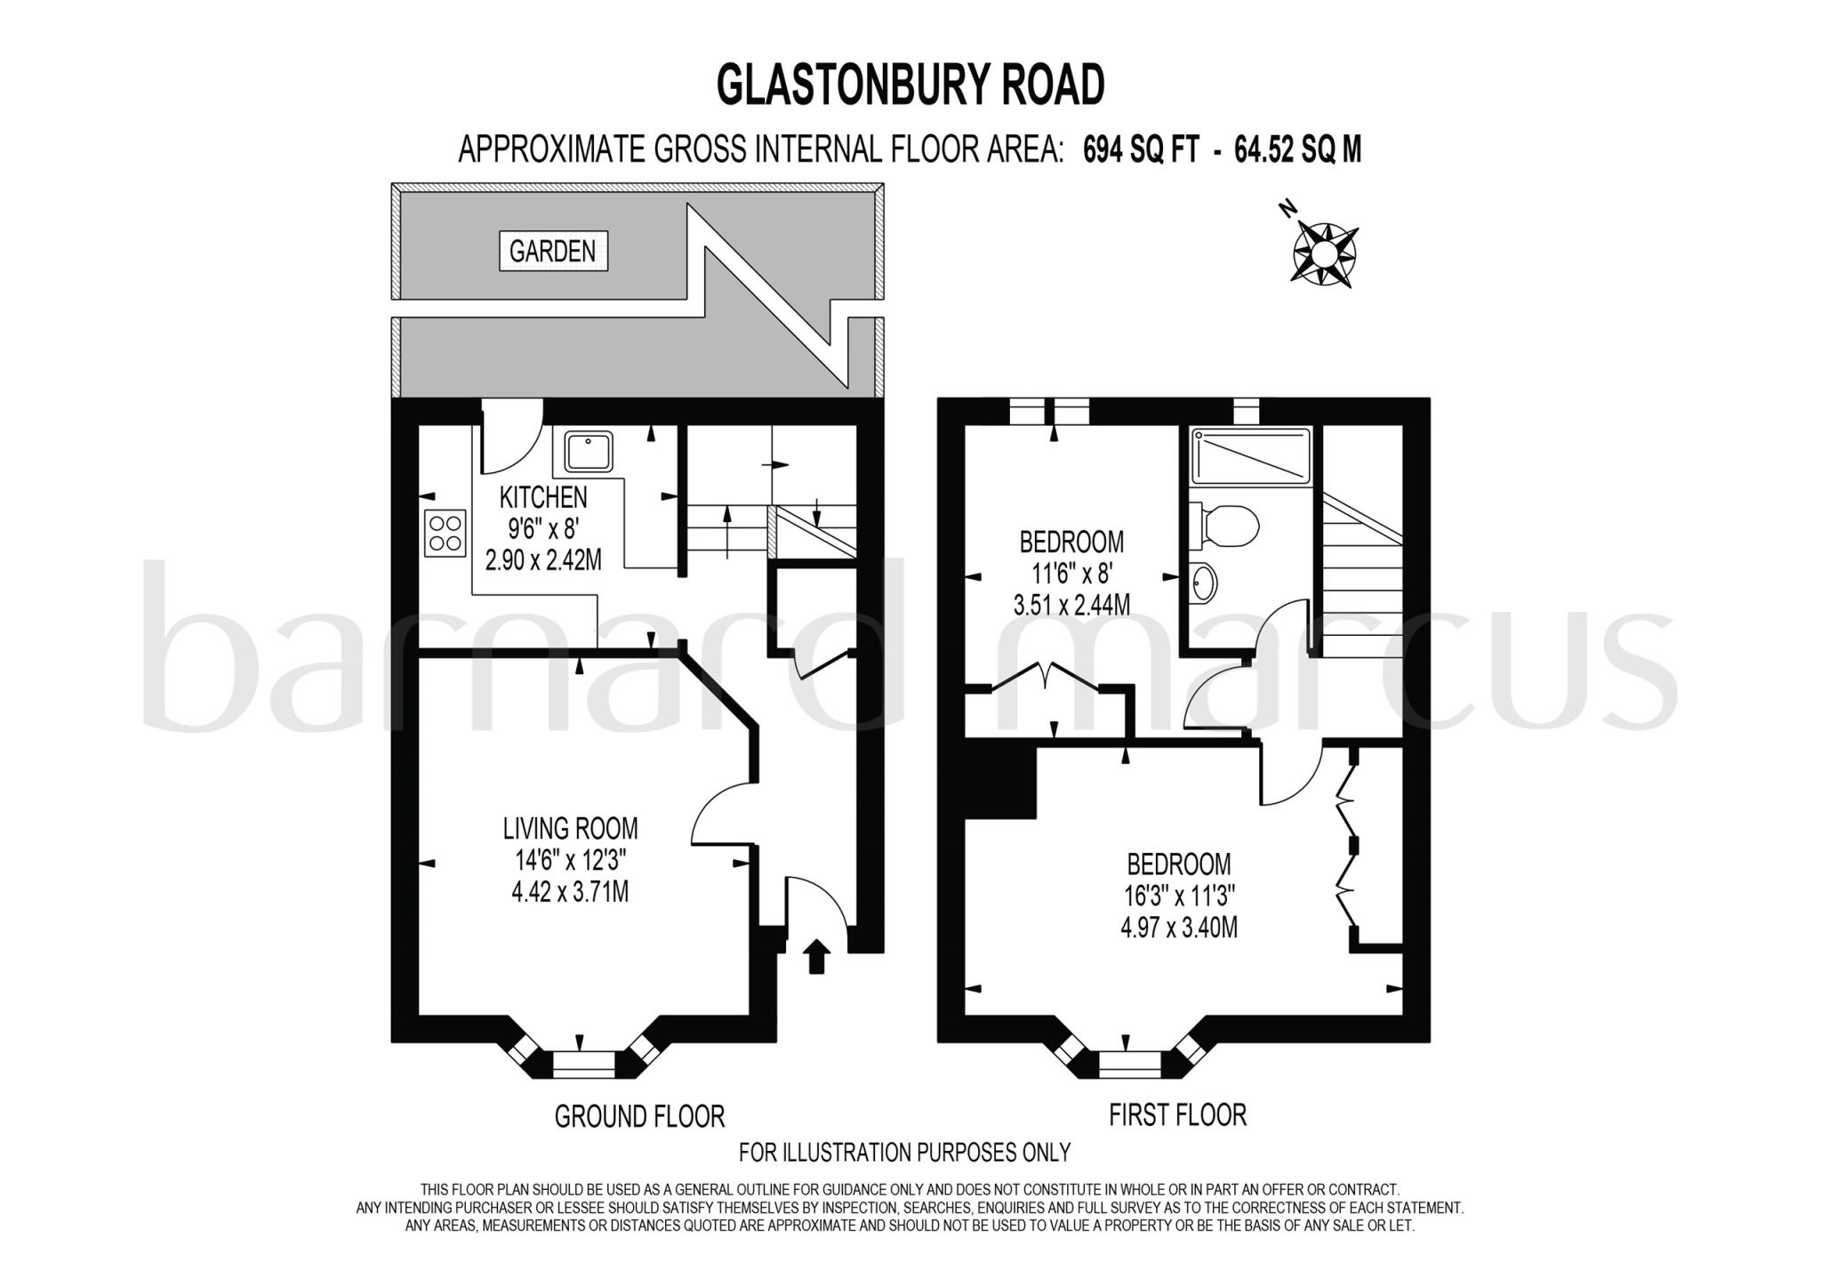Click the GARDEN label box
553,251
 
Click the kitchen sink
587,452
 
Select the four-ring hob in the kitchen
445,533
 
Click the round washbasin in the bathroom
1203,583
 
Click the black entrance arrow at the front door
816,958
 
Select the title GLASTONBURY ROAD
910,86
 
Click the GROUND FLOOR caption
639,1115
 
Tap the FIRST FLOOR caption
1177,1114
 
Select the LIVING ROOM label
570,829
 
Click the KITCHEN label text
543,497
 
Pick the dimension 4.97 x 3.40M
1179,928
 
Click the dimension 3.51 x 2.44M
1071,606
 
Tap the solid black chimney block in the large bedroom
1001,782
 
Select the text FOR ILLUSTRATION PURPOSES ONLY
904,1153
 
